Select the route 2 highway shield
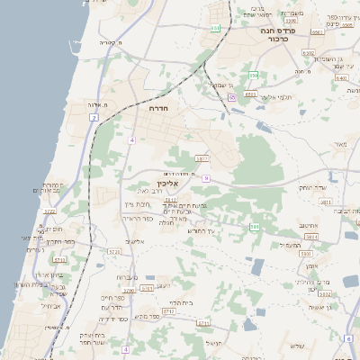point(93,118)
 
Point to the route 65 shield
point(231,97)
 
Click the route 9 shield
point(206,178)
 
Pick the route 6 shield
point(347,338)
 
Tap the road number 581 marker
point(255,228)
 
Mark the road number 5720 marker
point(112,251)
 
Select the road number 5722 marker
point(50,211)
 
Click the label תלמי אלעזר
point(272,96)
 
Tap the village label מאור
point(338,144)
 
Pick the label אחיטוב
point(311,225)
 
